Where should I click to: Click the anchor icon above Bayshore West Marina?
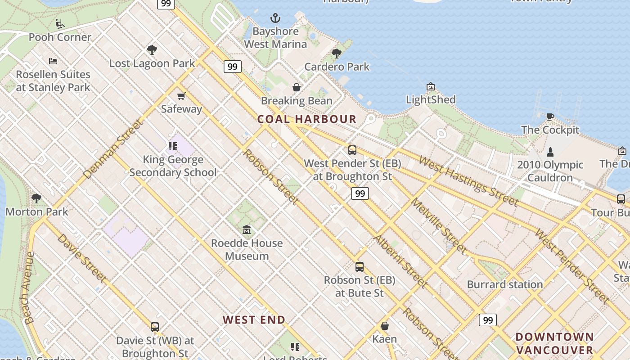[x=275, y=18]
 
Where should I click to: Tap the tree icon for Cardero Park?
[x=336, y=54]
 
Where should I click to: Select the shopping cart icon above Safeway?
[x=181, y=96]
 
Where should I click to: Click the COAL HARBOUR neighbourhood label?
[x=307, y=119]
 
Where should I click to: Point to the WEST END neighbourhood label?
[x=254, y=320]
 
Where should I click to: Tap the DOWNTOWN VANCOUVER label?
[x=554, y=343]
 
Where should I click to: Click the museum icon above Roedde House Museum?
[x=247, y=230]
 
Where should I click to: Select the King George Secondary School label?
[x=173, y=166]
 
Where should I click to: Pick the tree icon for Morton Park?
[x=36, y=198]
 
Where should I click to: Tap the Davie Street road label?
[x=82, y=258]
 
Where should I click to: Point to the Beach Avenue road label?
[x=30, y=288]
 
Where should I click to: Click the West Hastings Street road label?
[x=468, y=180]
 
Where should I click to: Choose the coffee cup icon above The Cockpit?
[x=550, y=117]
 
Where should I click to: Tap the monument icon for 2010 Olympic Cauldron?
[x=550, y=152]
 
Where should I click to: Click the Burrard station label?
[x=505, y=284]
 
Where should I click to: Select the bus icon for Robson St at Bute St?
[x=359, y=267]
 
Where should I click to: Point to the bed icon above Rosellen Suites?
[x=53, y=61]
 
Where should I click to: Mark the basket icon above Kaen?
[x=385, y=326]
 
